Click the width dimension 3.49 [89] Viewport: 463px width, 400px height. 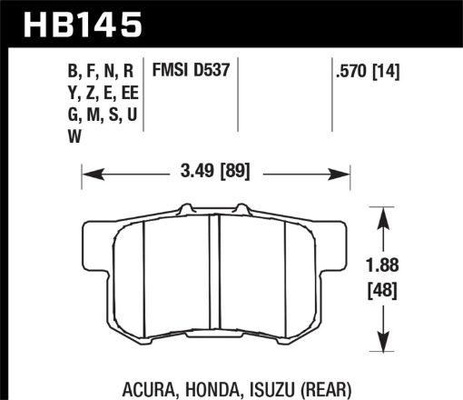[216, 169]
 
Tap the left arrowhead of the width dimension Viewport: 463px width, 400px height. [88, 169]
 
